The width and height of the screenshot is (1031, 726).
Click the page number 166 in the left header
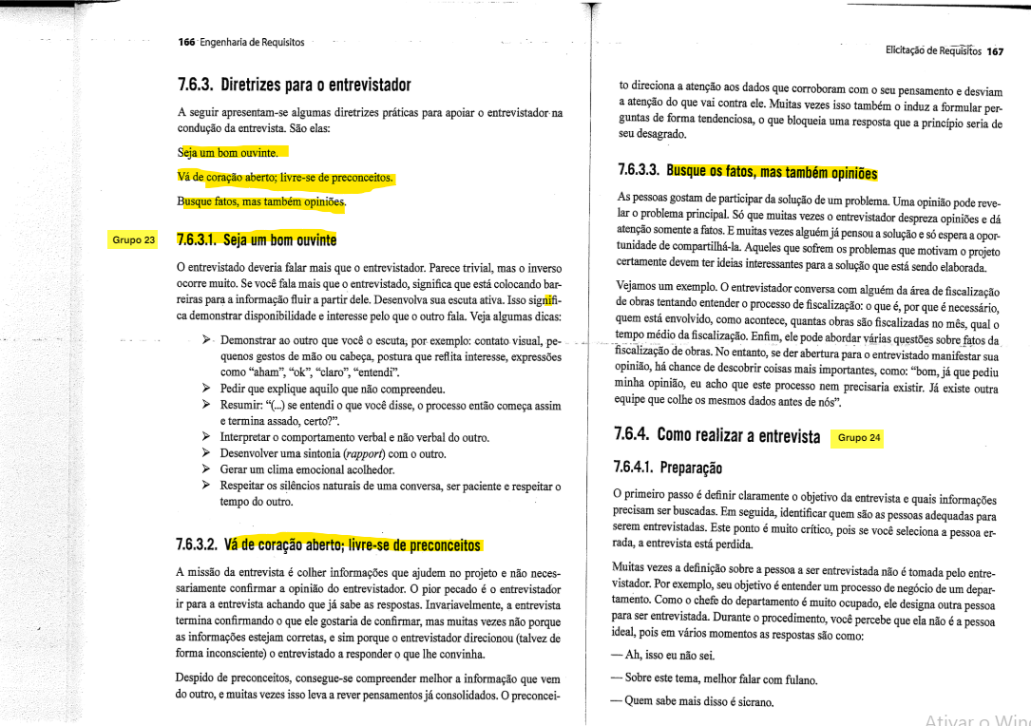click(x=186, y=42)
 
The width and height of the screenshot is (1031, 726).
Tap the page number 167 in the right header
click(x=995, y=51)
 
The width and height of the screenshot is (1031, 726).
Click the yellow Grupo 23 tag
click(x=133, y=239)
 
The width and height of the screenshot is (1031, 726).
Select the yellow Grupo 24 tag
click(x=857, y=438)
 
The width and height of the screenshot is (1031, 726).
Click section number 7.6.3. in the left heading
click(x=196, y=85)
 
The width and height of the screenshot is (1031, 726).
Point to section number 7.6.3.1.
click(x=198, y=239)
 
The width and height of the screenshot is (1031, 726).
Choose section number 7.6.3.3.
click(x=638, y=172)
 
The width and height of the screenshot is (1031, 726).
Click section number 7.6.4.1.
click(x=639, y=469)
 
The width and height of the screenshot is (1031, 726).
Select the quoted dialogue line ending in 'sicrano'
click(x=695, y=702)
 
